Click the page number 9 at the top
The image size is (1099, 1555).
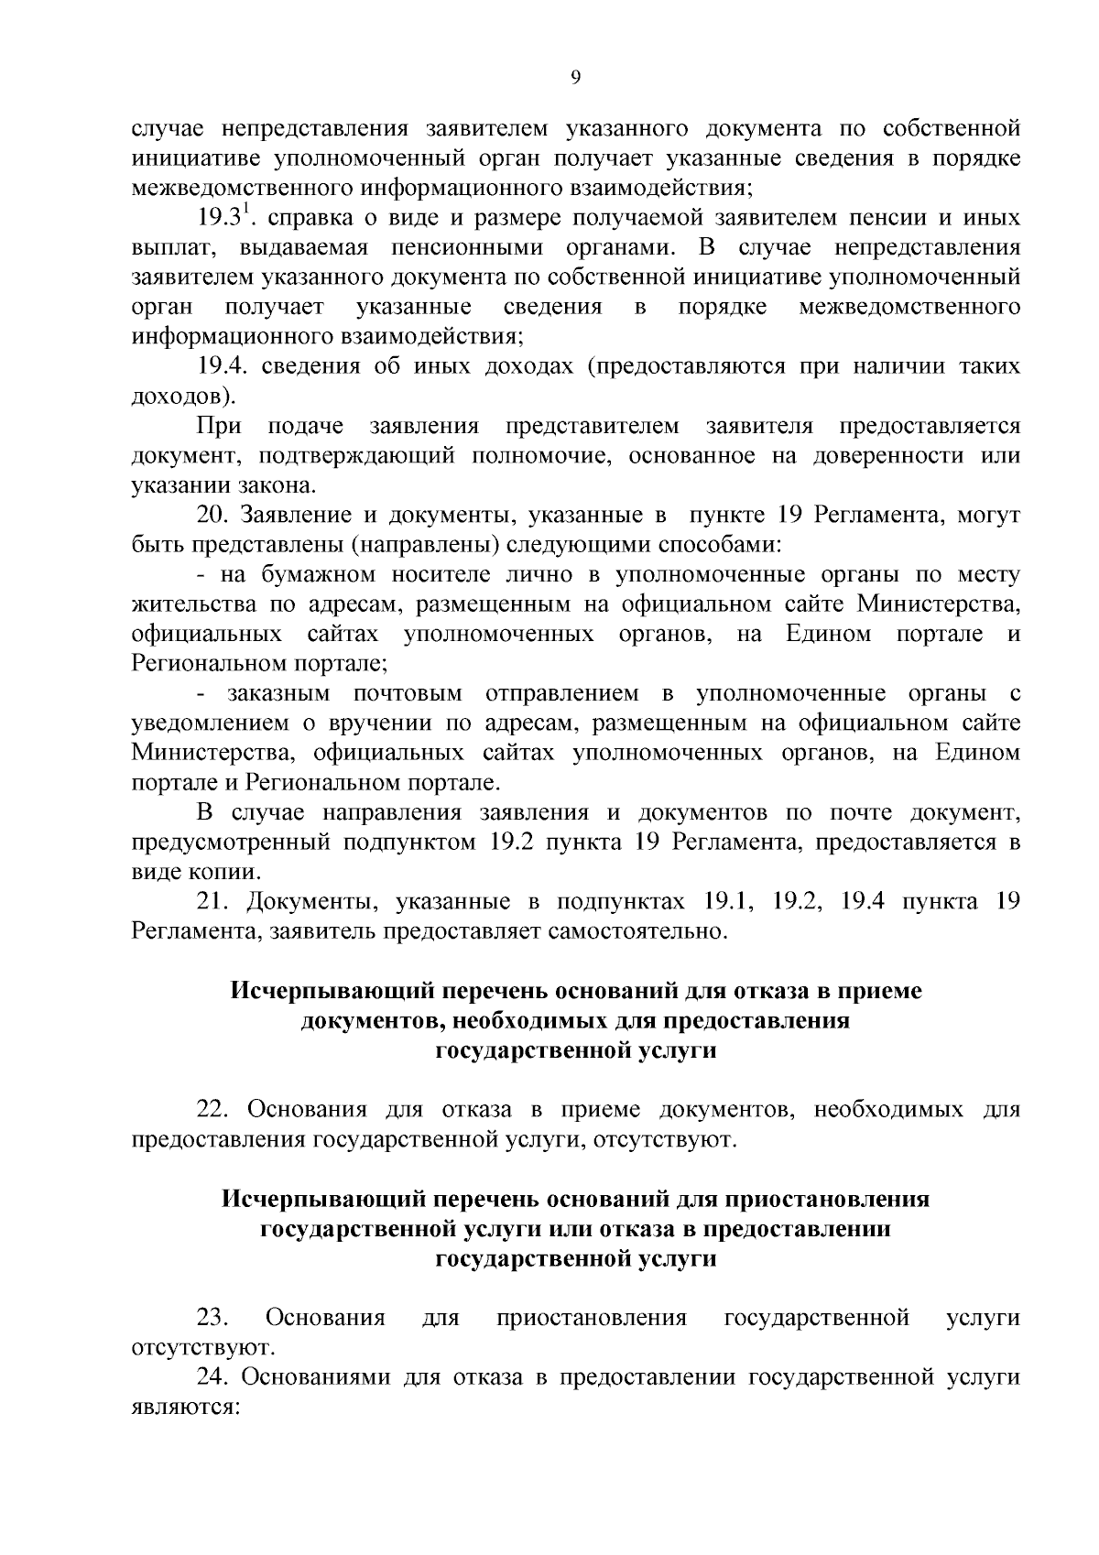[x=575, y=78]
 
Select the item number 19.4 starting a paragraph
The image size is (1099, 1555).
[x=223, y=366]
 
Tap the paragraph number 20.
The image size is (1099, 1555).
[x=212, y=516]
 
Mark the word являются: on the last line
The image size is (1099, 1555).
[x=185, y=1407]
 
